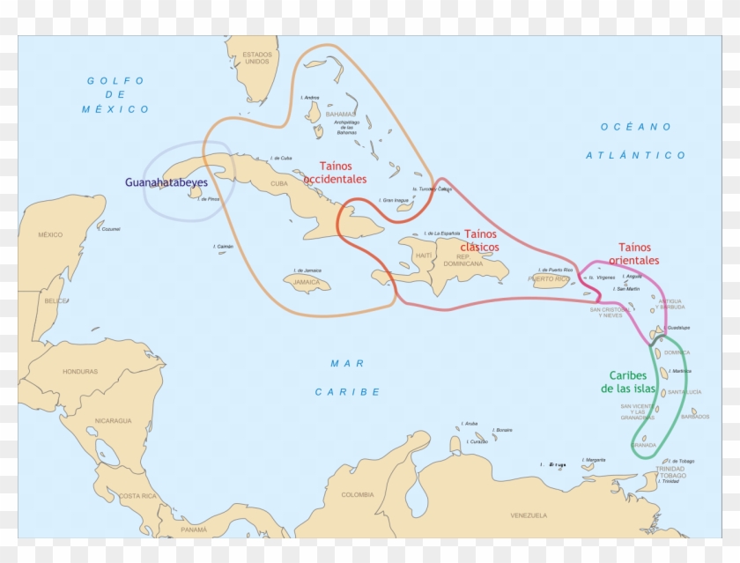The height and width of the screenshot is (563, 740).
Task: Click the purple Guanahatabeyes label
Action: (166, 182)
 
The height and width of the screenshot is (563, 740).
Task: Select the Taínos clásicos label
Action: (480, 241)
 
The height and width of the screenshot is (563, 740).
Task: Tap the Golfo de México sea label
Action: (115, 95)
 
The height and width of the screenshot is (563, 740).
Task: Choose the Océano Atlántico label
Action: (635, 141)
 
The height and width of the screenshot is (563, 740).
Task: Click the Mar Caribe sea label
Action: (348, 377)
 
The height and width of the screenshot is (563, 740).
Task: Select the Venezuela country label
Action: (529, 515)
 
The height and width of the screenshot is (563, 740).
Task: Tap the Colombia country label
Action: (358, 494)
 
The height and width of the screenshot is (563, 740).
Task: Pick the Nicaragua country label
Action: (114, 420)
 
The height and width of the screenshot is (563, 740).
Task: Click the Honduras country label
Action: (80, 371)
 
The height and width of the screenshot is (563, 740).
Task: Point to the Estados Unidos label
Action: (257, 58)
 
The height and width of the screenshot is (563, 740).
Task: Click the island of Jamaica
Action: (307, 283)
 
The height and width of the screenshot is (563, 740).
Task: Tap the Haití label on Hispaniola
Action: (425, 255)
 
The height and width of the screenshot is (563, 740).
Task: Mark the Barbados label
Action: (695, 417)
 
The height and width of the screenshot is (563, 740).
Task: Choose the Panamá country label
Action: (194, 530)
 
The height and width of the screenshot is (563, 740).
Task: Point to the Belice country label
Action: (55, 300)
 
